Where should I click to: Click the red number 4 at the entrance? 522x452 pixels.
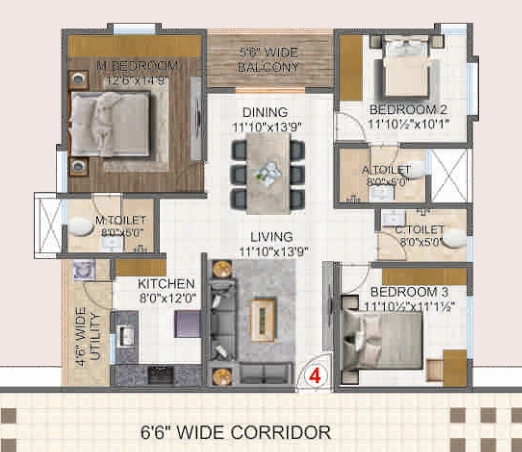click(x=314, y=375)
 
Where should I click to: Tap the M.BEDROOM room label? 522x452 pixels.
click(x=137, y=66)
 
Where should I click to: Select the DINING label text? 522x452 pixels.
click(x=265, y=112)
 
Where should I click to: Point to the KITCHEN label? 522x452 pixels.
click(x=166, y=284)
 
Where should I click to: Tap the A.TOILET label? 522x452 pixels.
click(x=386, y=170)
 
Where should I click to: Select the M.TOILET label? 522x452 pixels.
click(x=121, y=221)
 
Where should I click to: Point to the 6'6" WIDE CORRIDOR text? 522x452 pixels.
click(x=236, y=432)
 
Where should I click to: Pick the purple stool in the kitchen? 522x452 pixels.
click(x=187, y=324)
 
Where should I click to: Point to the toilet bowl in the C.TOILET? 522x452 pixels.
click(x=454, y=238)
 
